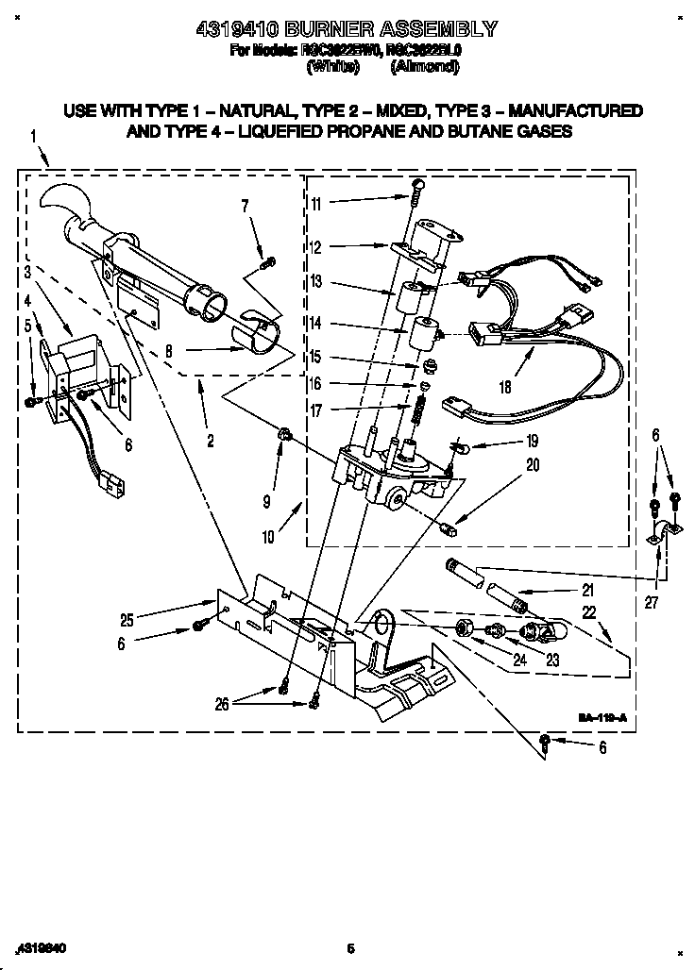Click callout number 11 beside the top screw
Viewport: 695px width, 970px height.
pyautogui.click(x=316, y=203)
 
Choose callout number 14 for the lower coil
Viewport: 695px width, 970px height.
pyautogui.click(x=316, y=323)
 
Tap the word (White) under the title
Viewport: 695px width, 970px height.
pyautogui.click(x=333, y=68)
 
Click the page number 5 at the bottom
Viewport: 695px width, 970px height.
pyautogui.click(x=349, y=948)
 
